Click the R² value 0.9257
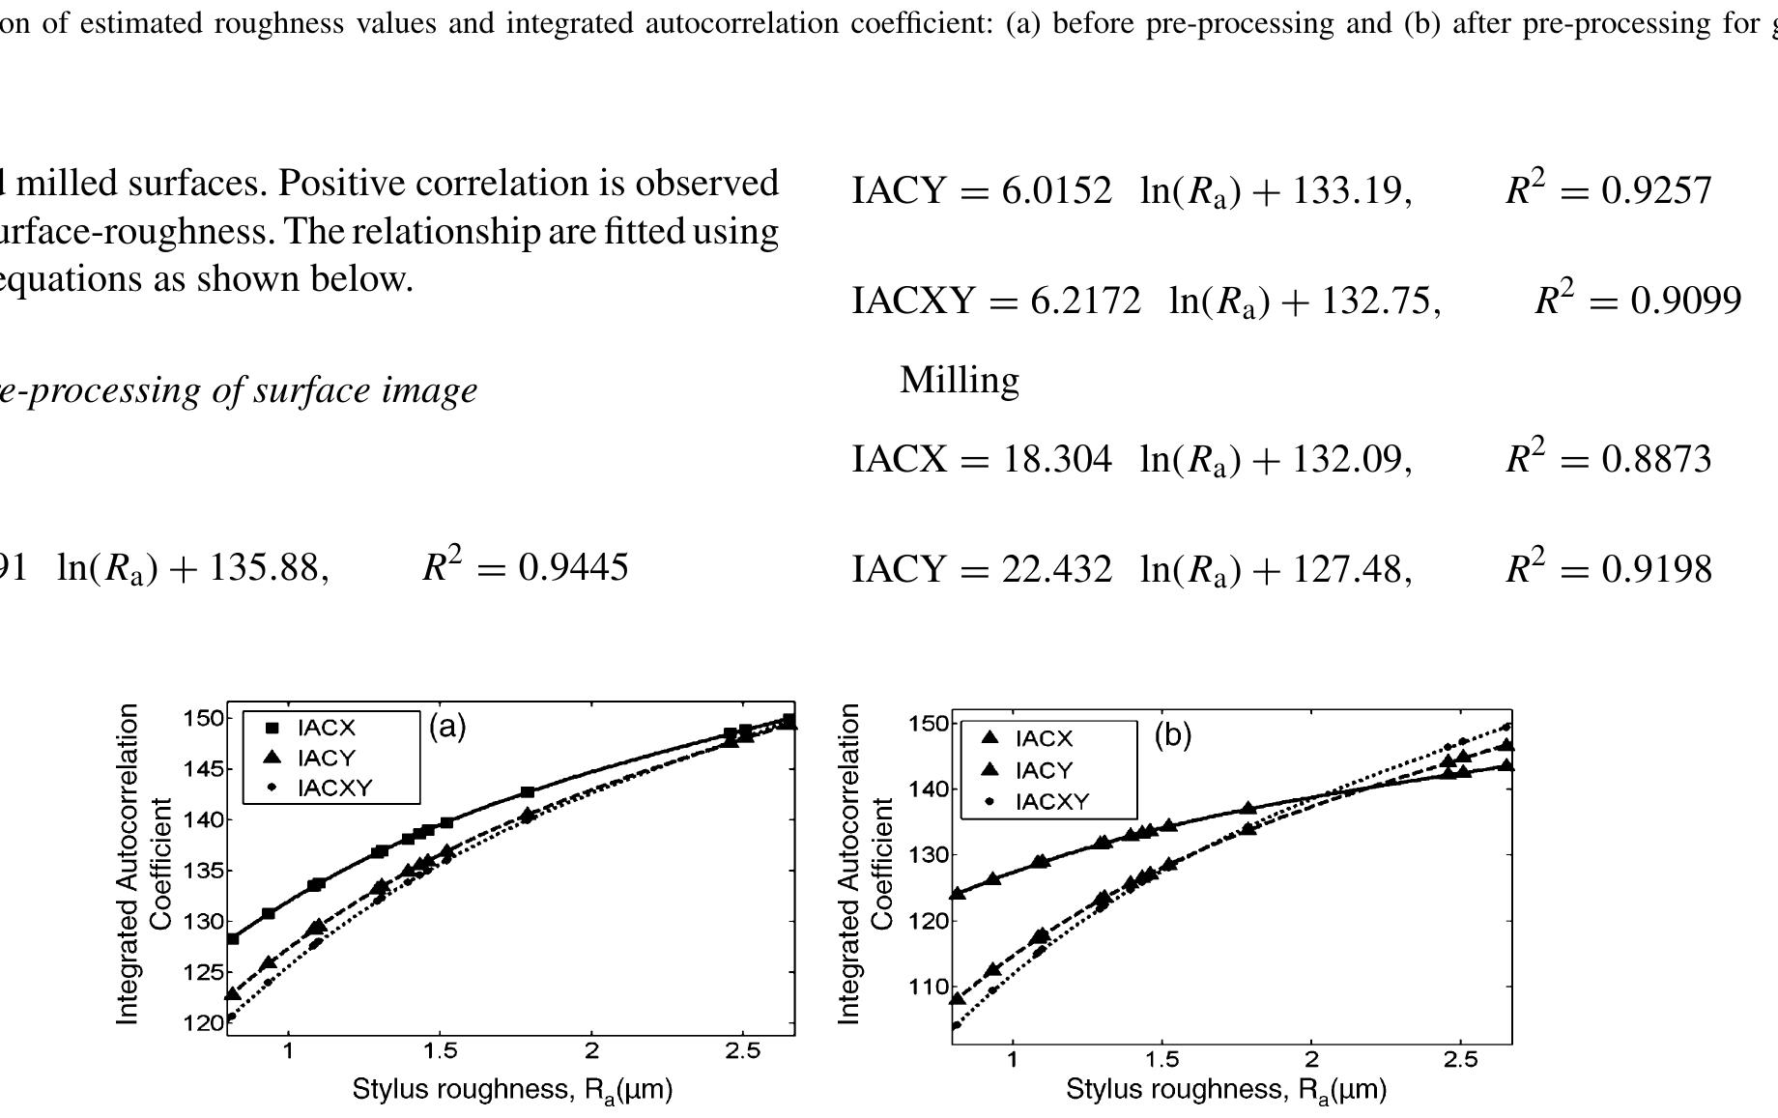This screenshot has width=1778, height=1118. [x=1656, y=190]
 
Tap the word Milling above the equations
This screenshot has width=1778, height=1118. [x=959, y=380]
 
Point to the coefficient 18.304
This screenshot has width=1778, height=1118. [x=1057, y=459]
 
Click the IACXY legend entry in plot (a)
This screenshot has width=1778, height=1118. [x=333, y=788]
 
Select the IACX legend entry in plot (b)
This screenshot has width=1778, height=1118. [x=1044, y=738]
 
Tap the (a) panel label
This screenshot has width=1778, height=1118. [x=447, y=726]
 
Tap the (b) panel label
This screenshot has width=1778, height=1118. [x=1172, y=735]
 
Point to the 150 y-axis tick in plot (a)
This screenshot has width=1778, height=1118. [x=203, y=718]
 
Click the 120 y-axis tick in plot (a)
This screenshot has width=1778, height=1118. [x=203, y=1022]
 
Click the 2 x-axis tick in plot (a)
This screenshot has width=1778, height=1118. [x=591, y=1051]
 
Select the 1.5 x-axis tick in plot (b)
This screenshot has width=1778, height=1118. [x=1161, y=1060]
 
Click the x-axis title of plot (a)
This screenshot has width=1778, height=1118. [x=512, y=1090]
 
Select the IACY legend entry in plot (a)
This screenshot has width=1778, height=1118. [x=326, y=758]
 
